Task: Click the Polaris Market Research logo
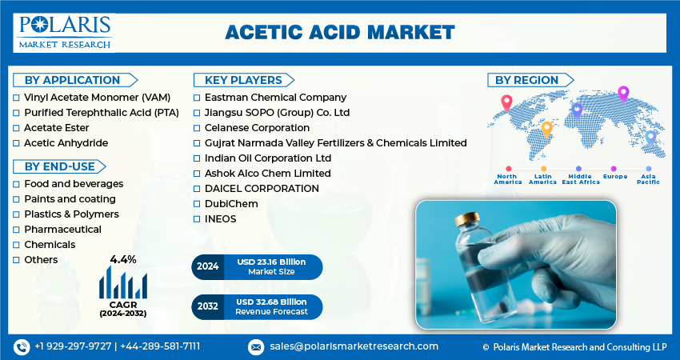[x=64, y=33]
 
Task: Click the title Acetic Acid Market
[x=340, y=33]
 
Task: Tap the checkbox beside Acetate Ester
[x=16, y=128]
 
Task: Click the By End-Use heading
[x=59, y=166]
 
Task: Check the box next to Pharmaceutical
[x=16, y=230]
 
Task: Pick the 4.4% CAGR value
[x=122, y=260]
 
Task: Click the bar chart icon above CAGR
[x=122, y=282]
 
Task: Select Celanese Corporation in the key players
[x=257, y=128]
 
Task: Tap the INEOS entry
[x=220, y=219]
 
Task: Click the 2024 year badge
[x=208, y=266]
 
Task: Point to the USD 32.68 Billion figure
[x=271, y=302]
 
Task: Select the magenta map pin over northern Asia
[x=623, y=94]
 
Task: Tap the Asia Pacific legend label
[x=648, y=179]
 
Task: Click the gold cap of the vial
[x=467, y=218]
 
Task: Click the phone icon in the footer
[x=22, y=347]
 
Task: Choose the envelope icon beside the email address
[x=256, y=347]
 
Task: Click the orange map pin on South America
[x=547, y=130]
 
